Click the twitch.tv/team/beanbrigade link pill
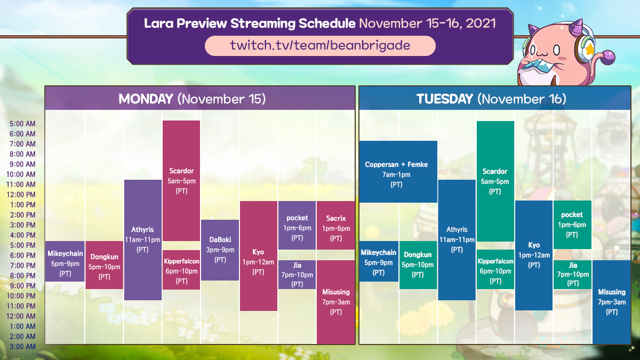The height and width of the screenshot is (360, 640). [x=320, y=46]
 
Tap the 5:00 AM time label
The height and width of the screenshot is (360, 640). [x=22, y=124]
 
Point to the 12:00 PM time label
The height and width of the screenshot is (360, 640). [x=21, y=195]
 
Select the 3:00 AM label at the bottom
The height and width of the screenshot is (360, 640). [x=22, y=347]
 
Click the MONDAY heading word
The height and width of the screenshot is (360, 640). [x=146, y=99]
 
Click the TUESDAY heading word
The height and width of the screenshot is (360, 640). [x=445, y=99]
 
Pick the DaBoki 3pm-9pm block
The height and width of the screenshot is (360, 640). [x=220, y=250]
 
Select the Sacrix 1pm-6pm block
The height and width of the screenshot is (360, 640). [x=335, y=226]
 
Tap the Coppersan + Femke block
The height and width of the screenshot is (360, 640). [x=398, y=171]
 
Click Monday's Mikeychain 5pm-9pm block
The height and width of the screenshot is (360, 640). [x=65, y=261]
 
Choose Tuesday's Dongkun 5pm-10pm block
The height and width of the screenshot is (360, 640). [x=418, y=265]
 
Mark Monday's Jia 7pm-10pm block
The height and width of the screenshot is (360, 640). [x=297, y=275]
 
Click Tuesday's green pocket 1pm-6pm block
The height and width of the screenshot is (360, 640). [x=572, y=225]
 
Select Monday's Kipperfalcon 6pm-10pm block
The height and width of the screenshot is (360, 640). [x=181, y=270]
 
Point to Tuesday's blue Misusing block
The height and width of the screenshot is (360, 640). [x=612, y=302]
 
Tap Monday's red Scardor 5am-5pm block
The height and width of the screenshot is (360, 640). [x=181, y=181]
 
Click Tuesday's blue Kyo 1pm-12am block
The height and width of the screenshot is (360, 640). [x=534, y=255]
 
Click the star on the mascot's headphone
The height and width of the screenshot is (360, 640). [x=589, y=50]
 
